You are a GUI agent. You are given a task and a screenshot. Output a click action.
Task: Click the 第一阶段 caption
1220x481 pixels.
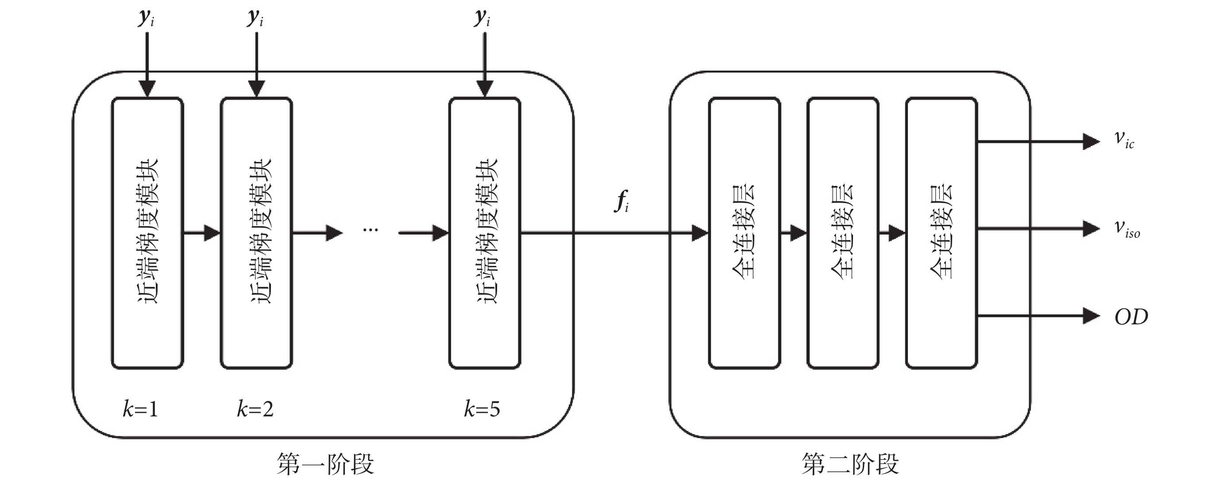point(325,464)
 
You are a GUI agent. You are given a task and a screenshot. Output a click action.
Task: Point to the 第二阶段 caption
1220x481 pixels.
point(850,464)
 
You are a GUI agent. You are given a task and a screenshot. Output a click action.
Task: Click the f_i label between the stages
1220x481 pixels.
point(622,201)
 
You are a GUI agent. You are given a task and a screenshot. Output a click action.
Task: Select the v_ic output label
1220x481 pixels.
point(1124,139)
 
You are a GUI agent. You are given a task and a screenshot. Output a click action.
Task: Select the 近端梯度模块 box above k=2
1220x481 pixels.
point(256,232)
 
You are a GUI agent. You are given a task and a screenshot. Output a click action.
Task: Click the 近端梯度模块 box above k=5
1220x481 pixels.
point(484,232)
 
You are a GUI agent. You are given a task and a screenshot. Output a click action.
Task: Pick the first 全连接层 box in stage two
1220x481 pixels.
point(744,232)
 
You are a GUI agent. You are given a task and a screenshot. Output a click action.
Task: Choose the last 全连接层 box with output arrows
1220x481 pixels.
point(941,232)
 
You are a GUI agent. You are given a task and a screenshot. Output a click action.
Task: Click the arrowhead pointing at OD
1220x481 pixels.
point(1091,316)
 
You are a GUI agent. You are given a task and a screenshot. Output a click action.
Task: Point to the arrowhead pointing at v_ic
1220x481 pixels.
point(1091,141)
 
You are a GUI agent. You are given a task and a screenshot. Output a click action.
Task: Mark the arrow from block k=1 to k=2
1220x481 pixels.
point(202,232)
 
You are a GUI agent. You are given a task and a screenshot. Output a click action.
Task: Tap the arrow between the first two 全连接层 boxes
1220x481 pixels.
point(794,232)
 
